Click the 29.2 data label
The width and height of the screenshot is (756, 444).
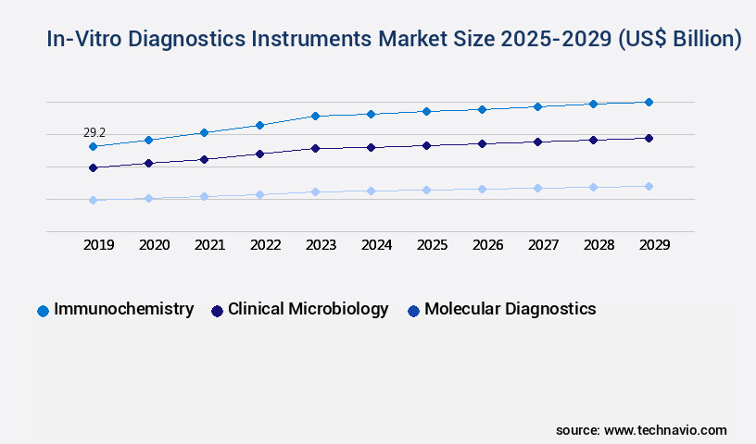point(94,133)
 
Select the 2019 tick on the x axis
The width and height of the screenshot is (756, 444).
point(99,245)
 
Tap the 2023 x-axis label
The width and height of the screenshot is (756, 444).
point(321,245)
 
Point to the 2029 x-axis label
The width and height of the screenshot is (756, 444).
point(655,245)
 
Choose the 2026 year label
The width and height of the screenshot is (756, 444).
point(488,245)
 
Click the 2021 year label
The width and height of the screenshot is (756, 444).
point(210,245)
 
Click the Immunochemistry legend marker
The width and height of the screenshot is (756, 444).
point(43,311)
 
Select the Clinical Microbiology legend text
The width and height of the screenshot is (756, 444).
point(308,309)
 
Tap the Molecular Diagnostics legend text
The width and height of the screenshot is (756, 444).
point(510,309)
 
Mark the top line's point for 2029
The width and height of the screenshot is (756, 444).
point(649,102)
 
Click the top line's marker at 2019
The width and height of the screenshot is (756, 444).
point(93,146)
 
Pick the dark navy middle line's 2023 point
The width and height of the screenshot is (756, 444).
point(315,148)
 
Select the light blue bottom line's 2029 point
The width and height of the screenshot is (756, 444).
point(649,186)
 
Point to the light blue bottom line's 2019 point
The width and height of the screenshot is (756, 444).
point(93,200)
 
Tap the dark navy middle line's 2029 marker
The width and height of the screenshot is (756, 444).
point(649,138)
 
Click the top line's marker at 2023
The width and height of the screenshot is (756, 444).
point(315,116)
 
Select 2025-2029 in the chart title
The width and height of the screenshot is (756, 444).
point(556,40)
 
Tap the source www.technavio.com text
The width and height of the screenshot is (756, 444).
point(641,430)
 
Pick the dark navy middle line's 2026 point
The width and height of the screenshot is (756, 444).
point(482,143)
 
